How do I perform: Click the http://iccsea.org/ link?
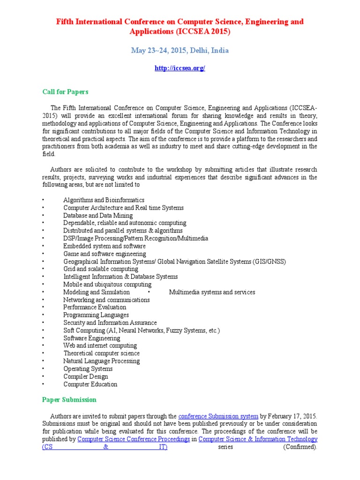(x=180, y=68)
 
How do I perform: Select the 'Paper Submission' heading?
(x=69, y=400)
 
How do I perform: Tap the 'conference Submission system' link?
(x=218, y=416)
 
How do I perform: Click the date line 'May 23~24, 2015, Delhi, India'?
(x=180, y=50)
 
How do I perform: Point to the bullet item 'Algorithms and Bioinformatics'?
(x=104, y=200)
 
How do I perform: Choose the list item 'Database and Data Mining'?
(x=98, y=216)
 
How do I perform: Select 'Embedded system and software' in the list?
(x=105, y=246)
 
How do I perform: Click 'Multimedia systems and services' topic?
(x=212, y=292)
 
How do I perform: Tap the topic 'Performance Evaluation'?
(x=95, y=307)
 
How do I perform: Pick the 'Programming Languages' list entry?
(x=96, y=315)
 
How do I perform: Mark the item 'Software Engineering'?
(x=91, y=338)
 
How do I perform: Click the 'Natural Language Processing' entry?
(x=101, y=361)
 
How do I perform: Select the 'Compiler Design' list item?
(x=86, y=376)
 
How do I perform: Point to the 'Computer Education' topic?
(x=90, y=384)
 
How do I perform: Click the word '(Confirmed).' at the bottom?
(x=300, y=447)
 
